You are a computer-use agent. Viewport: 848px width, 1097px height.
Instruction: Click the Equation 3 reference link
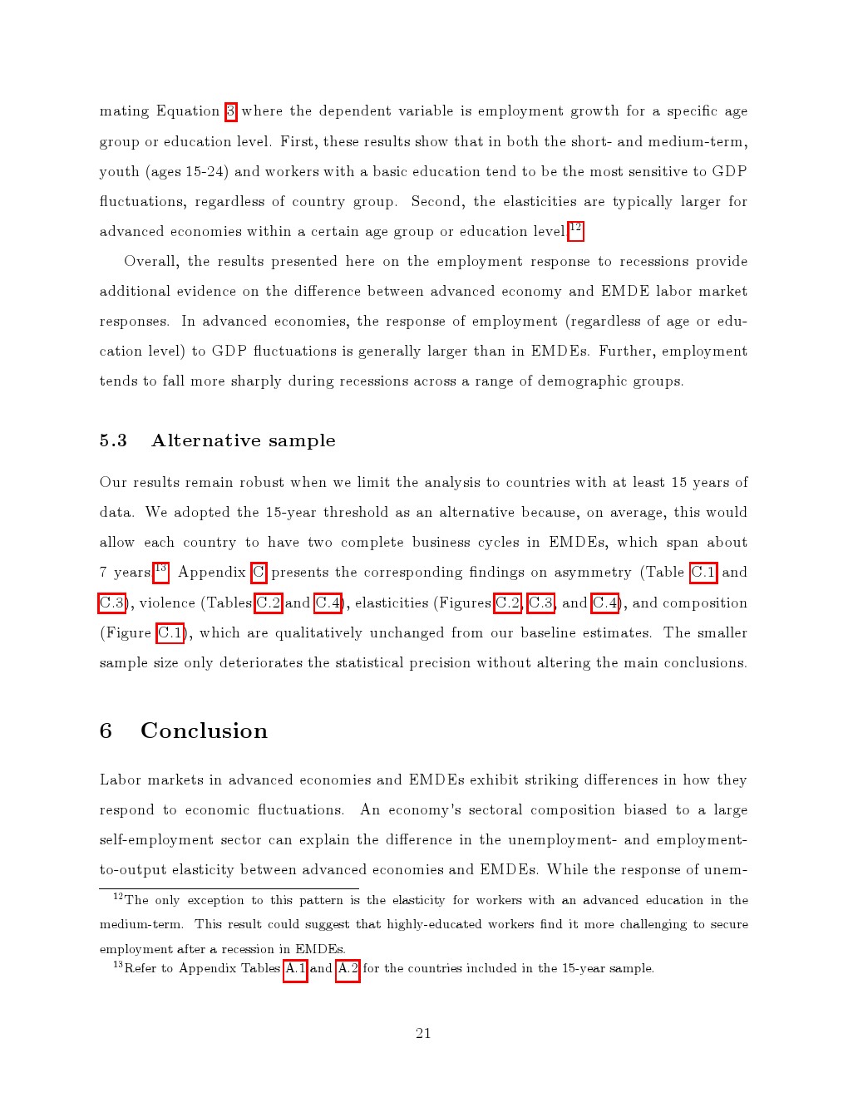(x=231, y=111)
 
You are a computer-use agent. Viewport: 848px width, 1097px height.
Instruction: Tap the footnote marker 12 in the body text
(x=575, y=229)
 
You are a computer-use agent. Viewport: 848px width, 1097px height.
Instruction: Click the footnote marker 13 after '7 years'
(x=160, y=570)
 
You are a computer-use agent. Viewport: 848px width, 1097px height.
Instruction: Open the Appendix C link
(x=259, y=573)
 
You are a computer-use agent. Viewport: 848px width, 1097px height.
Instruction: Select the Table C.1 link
(x=703, y=573)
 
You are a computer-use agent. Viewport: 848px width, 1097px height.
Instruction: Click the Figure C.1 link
(x=170, y=633)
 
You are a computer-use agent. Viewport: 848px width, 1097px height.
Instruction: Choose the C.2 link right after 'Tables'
(x=268, y=603)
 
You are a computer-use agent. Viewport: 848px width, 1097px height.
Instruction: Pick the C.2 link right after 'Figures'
(x=507, y=603)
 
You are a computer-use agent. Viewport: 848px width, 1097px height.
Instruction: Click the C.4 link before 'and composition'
(x=605, y=603)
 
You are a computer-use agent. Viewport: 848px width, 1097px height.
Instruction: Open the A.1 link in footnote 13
(x=295, y=969)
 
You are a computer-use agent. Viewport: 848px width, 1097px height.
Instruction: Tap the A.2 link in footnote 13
(x=348, y=969)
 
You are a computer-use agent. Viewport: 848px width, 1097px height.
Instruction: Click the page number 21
(x=423, y=1034)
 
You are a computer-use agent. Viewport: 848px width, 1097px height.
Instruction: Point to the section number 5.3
(x=113, y=441)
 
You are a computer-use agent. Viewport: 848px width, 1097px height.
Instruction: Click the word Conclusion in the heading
(x=204, y=731)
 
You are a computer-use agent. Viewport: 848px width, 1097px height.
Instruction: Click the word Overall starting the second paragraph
(x=151, y=262)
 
